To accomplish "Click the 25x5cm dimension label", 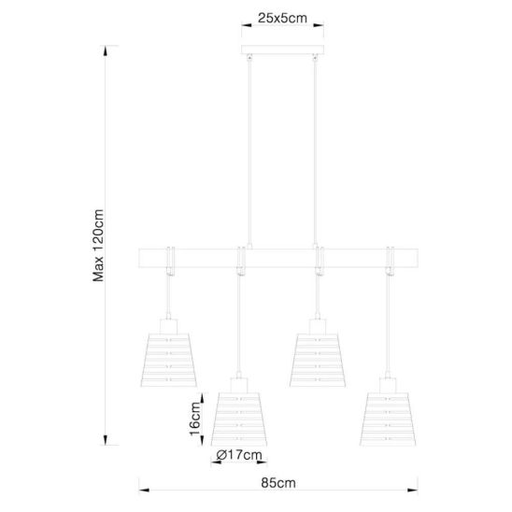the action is pos(282,19).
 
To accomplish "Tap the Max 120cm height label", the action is pos(98,245).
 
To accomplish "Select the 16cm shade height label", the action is pos(195,419).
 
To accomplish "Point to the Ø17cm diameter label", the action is pos(239,454).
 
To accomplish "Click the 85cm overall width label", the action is pos(278,483).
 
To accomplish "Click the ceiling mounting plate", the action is pos(282,50).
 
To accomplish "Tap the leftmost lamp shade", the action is pos(169,360).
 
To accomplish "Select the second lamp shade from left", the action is pos(239,420).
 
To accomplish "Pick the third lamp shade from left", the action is pos(318,360).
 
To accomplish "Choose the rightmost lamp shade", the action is pos(388,420).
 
